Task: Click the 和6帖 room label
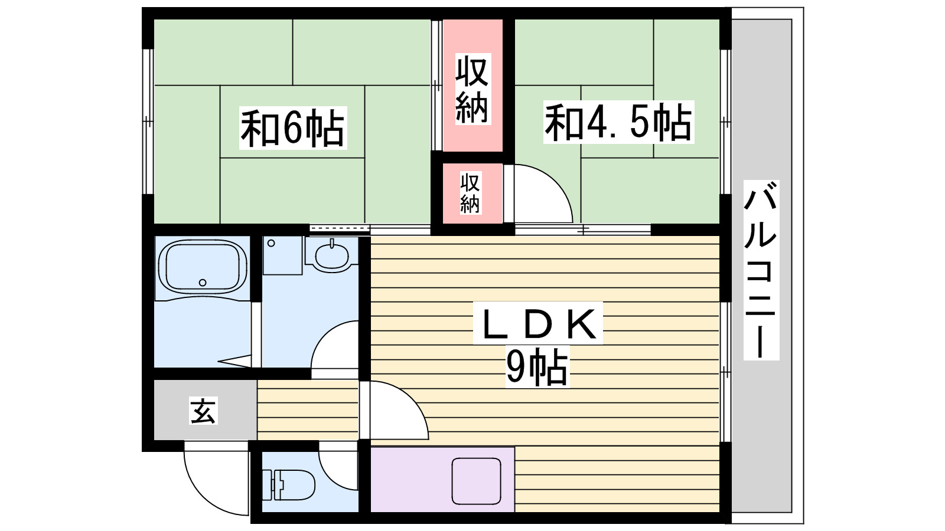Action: click(292, 127)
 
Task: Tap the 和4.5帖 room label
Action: click(618, 122)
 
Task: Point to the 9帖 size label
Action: click(536, 367)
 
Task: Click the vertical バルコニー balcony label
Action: click(761, 270)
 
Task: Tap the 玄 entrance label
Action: click(203, 410)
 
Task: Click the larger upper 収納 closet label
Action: click(472, 89)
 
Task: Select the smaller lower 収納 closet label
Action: click(470, 192)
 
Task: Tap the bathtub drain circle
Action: click(203, 283)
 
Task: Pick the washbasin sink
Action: click(332, 255)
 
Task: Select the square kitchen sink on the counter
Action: click(476, 481)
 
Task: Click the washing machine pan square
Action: click(282, 255)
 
